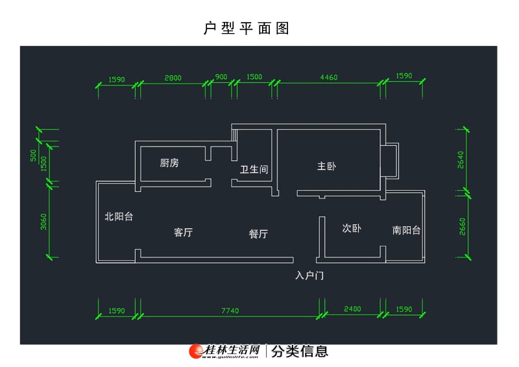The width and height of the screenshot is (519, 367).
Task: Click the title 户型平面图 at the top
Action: click(246, 29)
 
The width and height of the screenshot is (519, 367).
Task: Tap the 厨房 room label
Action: click(169, 163)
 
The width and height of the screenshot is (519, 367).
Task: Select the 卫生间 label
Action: click(254, 169)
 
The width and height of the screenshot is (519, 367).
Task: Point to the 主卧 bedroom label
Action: click(326, 166)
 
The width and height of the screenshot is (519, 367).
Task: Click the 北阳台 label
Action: click(119, 217)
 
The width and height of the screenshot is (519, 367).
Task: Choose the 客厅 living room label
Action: click(184, 232)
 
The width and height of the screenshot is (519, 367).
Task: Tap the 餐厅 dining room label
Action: click(258, 234)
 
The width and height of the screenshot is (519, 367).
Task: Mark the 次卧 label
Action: click(352, 228)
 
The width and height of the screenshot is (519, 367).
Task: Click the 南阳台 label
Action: click(406, 230)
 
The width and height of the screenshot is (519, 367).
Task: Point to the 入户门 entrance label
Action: click(309, 276)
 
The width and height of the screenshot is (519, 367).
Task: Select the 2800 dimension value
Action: click(173, 77)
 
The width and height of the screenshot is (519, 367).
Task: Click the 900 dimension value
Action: click(221, 77)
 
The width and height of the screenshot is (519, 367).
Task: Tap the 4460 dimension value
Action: click(329, 77)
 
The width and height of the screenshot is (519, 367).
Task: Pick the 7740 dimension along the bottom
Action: click(230, 311)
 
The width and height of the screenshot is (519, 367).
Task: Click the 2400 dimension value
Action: click(352, 309)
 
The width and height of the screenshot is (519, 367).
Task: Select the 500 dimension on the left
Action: click(32, 156)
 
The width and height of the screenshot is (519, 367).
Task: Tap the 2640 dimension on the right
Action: click(461, 160)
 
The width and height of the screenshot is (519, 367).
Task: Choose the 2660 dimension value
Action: click(461, 226)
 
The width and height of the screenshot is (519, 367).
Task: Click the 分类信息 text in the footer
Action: click(299, 351)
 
